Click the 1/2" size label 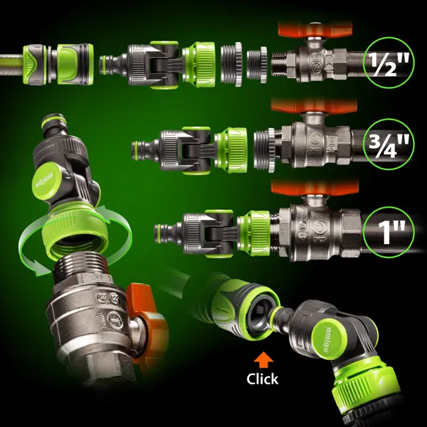[x=389, y=63]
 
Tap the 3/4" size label [x=389, y=144]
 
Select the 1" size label [x=389, y=232]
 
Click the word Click [x=262, y=379]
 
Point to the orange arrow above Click [x=263, y=360]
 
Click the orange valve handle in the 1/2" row [x=315, y=30]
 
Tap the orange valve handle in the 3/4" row [x=314, y=106]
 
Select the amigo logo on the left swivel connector [x=47, y=181]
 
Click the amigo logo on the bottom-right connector [x=329, y=339]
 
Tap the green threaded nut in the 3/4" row [x=231, y=150]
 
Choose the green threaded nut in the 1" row [x=254, y=233]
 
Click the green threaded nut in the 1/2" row [x=199, y=65]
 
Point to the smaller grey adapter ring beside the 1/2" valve [x=257, y=65]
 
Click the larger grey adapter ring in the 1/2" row [x=231, y=64]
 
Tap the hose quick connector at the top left [x=58, y=64]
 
